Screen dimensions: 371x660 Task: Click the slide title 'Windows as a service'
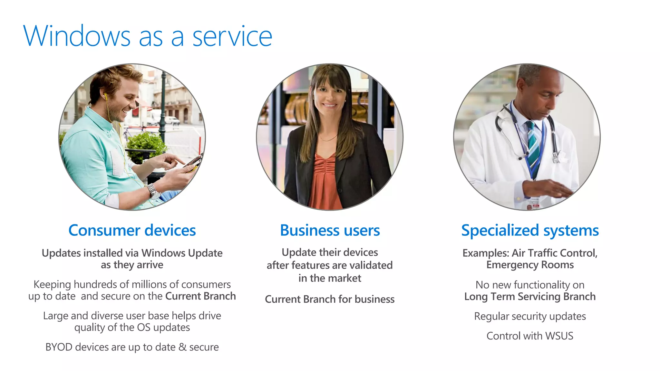pos(148,36)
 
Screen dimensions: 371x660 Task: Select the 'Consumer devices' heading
pos(132,230)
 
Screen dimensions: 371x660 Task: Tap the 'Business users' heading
pos(330,230)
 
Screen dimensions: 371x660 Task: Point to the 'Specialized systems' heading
pos(530,231)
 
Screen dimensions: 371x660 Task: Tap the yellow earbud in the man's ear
pos(105,96)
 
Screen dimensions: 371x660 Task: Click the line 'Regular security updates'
pos(530,316)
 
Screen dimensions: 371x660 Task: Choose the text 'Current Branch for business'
pos(330,299)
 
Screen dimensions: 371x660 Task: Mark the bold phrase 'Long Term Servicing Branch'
pos(530,296)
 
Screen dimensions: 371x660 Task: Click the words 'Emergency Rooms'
pos(530,265)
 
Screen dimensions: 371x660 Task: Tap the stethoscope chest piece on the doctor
pos(556,157)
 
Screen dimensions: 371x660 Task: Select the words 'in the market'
pos(330,278)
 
